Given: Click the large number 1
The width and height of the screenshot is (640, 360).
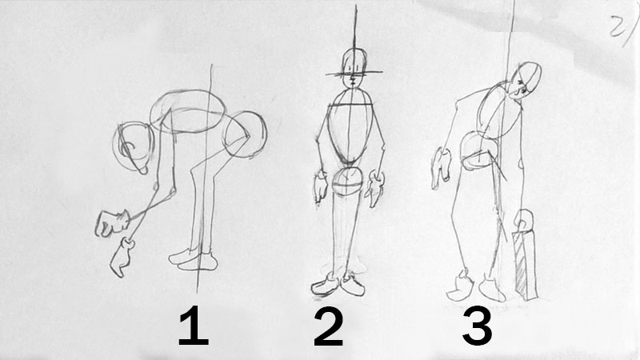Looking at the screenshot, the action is (x=194, y=326).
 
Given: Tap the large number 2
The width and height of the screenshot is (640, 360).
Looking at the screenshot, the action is (x=329, y=326).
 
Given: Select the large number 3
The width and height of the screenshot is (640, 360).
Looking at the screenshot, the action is (x=477, y=326).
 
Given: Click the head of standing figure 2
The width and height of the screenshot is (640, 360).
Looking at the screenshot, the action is (x=354, y=68).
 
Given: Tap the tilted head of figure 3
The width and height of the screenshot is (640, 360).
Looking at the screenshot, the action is (x=526, y=81).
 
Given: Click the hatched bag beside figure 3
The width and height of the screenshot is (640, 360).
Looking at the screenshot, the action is (x=525, y=266).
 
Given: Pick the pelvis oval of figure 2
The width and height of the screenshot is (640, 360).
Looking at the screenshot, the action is (x=347, y=182).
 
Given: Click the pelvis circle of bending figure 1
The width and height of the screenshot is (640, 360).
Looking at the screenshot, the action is (x=245, y=134).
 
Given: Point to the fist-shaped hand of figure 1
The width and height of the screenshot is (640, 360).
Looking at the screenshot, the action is (x=111, y=223).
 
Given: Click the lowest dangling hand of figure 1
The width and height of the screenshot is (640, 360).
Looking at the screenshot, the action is (x=122, y=258).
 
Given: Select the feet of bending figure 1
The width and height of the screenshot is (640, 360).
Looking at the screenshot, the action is (x=193, y=260).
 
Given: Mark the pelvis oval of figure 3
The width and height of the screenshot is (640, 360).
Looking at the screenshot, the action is (x=478, y=151).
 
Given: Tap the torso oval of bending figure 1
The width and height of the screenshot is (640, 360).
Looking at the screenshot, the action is (x=187, y=111).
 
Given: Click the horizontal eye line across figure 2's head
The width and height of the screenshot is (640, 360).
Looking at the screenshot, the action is (x=354, y=74).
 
